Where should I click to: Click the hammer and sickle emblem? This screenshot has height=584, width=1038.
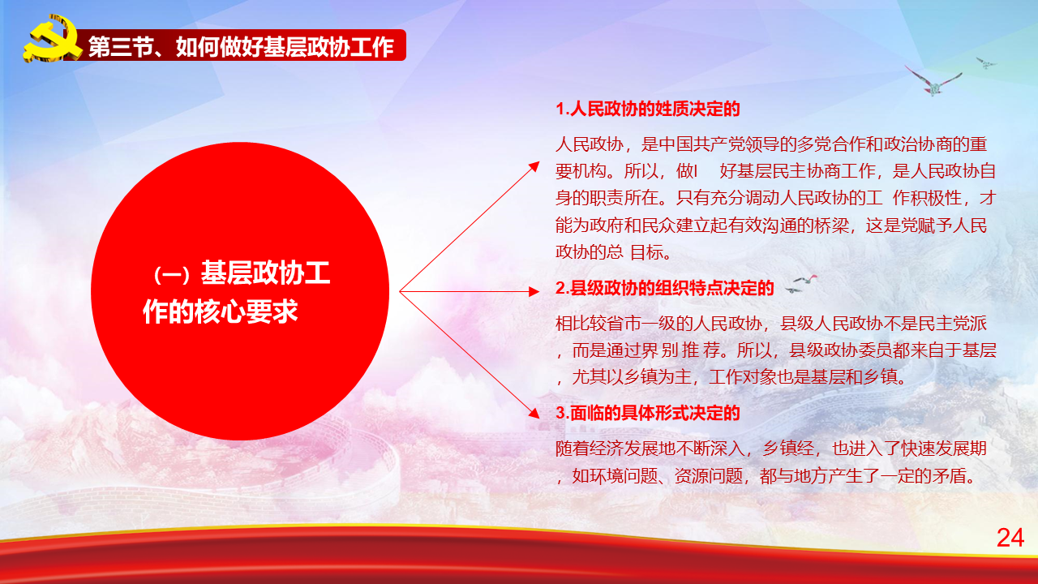click(52, 38)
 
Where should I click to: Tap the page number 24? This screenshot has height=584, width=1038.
click(1010, 538)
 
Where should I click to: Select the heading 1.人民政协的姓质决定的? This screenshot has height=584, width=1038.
click(647, 109)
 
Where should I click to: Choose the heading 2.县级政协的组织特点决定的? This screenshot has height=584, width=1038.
click(664, 288)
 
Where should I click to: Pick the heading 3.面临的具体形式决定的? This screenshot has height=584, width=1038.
click(647, 413)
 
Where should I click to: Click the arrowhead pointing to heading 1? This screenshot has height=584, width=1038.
click(534, 166)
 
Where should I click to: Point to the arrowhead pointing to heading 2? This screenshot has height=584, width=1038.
click(534, 291)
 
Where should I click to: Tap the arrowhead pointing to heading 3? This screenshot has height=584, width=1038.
click(534, 413)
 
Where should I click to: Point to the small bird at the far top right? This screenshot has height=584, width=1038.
click(985, 62)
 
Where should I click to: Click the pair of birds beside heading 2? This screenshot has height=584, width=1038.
click(801, 284)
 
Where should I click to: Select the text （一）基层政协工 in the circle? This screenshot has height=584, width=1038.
click(242, 273)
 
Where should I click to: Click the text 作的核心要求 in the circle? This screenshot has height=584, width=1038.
click(220, 311)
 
